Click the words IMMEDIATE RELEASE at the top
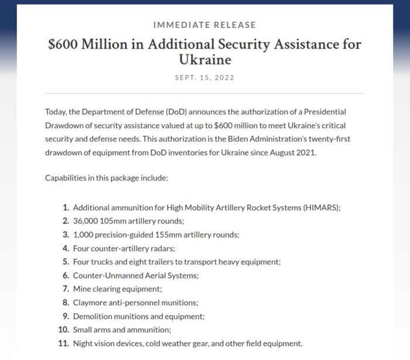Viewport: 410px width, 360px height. pyautogui.click(x=204, y=25)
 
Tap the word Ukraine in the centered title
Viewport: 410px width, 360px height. pyautogui.click(x=204, y=60)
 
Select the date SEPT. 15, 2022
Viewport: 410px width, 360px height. pyautogui.click(x=204, y=77)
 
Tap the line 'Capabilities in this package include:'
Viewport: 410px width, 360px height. pyautogui.click(x=107, y=177)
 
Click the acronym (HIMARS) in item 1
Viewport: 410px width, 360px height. pyautogui.click(x=317, y=208)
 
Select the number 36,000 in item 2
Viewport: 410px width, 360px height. pyautogui.click(x=86, y=221)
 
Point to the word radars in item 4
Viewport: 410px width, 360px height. pyautogui.click(x=145, y=248)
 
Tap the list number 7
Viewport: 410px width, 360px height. pyautogui.click(x=66, y=289)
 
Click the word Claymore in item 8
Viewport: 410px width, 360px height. pyautogui.click(x=90, y=303)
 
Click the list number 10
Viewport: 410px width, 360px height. pyautogui.click(x=64, y=330)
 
